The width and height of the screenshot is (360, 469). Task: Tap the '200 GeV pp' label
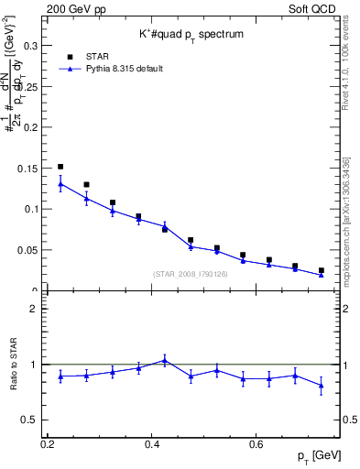73,8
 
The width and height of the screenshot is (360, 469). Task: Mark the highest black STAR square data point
60,167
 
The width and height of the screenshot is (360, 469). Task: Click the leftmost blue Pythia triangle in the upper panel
60,183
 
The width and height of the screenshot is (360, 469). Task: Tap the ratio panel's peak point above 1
164,360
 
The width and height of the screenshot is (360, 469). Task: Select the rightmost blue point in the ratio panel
321,386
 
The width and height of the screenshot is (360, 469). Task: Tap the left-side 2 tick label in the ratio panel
34,309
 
